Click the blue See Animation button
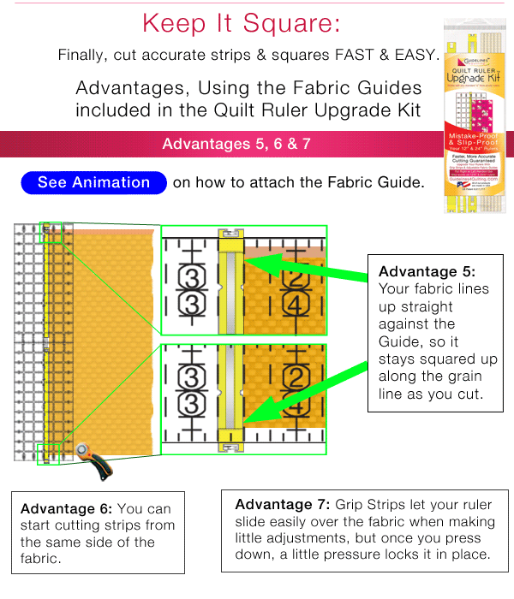94,183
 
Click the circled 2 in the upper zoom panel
296,278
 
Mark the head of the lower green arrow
250,420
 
